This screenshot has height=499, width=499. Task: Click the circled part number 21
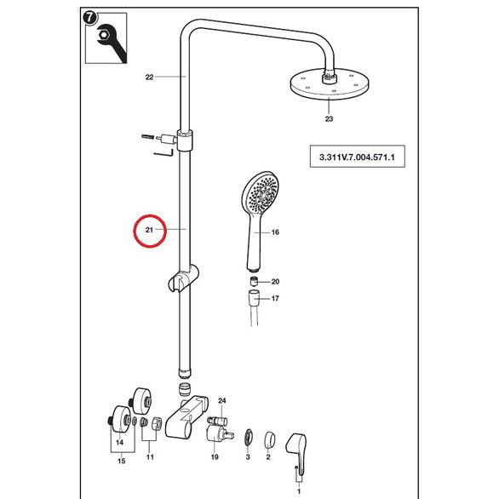pos(149,230)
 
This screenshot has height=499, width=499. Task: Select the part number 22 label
pos(149,77)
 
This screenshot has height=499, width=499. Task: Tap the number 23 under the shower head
pos(329,118)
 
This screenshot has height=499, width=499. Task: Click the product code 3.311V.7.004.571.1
pos(357,157)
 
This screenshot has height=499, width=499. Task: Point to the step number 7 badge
pos(89,18)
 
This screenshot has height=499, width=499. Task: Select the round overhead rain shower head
pos(330,84)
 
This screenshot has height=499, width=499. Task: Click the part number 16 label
pos(275,232)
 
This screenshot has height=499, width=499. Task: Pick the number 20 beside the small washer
pos(275,281)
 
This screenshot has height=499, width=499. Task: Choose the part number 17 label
pos(275,299)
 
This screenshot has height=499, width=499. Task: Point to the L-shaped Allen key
pos(163,153)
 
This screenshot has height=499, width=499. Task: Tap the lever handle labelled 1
pos(296,451)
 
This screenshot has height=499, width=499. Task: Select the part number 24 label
pos(221,400)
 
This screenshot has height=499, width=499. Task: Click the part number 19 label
pos(215,457)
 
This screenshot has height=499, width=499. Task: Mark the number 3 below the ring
pos(248,457)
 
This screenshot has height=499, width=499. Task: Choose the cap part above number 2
pos(270,439)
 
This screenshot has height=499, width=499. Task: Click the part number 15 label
pos(122,461)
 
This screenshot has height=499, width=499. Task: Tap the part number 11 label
pos(150,457)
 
